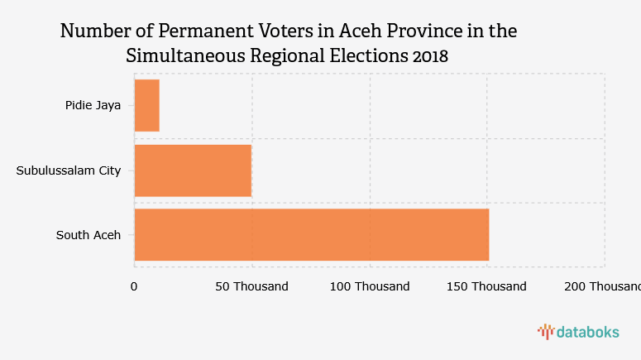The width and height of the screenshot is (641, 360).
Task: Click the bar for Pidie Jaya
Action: pos(146,105)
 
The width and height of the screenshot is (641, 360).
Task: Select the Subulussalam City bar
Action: pos(193,170)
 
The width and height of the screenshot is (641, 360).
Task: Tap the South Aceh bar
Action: pos(311,235)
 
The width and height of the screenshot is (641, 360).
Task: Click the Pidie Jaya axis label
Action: pos(93,105)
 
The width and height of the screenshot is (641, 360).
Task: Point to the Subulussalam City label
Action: pos(69,170)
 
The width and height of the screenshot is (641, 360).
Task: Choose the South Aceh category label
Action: pos(88,235)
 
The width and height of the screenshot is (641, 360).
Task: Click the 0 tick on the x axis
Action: pos(134,286)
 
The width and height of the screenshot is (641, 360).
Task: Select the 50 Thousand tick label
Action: pos(251,286)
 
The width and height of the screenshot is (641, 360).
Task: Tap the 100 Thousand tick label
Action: pos(370,286)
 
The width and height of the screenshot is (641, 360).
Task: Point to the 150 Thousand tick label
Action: pos(486,286)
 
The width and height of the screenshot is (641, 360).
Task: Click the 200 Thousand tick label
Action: pos(602,286)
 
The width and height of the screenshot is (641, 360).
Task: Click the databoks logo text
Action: pos(587,332)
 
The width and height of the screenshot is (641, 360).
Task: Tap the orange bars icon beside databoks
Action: pos(545,332)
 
